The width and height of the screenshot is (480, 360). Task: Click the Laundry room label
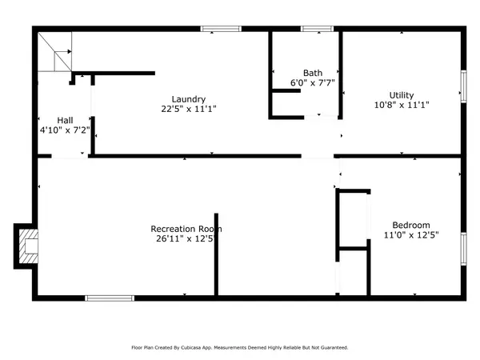pyautogui.click(x=189, y=99)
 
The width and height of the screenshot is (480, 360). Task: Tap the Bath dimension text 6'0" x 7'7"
pyautogui.click(x=313, y=82)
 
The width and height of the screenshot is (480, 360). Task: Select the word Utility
pyautogui.click(x=402, y=95)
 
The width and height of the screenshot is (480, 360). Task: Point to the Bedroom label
pyautogui.click(x=411, y=226)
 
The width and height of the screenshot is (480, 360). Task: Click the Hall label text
pyautogui.click(x=66, y=120)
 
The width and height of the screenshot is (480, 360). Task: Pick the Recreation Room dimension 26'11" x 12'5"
pyautogui.click(x=186, y=238)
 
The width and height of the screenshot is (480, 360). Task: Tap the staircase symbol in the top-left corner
pyautogui.click(x=54, y=52)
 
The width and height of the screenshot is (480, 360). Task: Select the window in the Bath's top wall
pyautogui.click(x=317, y=29)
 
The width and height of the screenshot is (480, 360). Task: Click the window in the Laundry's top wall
pyautogui.click(x=221, y=29)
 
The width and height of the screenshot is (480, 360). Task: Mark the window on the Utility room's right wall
pyautogui.click(x=464, y=86)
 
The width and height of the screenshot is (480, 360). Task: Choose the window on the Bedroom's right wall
pyautogui.click(x=464, y=249)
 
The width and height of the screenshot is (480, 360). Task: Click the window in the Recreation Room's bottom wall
pyautogui.click(x=110, y=298)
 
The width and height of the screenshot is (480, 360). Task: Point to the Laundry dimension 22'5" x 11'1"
pyautogui.click(x=189, y=109)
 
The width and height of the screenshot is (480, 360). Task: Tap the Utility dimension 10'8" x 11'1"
pyautogui.click(x=402, y=105)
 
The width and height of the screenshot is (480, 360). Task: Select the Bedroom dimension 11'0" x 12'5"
pyautogui.click(x=411, y=235)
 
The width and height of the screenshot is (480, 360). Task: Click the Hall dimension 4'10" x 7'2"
pyautogui.click(x=65, y=130)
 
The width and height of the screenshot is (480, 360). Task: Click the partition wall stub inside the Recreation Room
pyautogui.click(x=216, y=254)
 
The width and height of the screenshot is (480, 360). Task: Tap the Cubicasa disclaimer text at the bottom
pyautogui.click(x=240, y=347)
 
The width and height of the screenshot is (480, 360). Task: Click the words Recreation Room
pyautogui.click(x=186, y=229)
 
